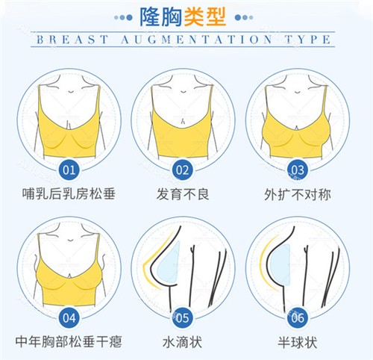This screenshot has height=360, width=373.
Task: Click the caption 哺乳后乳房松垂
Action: click(x=69, y=196)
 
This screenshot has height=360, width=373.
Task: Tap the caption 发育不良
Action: click(x=183, y=196)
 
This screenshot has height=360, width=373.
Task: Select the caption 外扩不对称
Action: click(x=297, y=196)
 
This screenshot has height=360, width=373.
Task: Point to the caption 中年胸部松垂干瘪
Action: click(x=69, y=343)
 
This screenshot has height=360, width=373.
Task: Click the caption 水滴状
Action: click(x=183, y=343)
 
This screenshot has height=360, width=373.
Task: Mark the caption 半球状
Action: click(x=297, y=343)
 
